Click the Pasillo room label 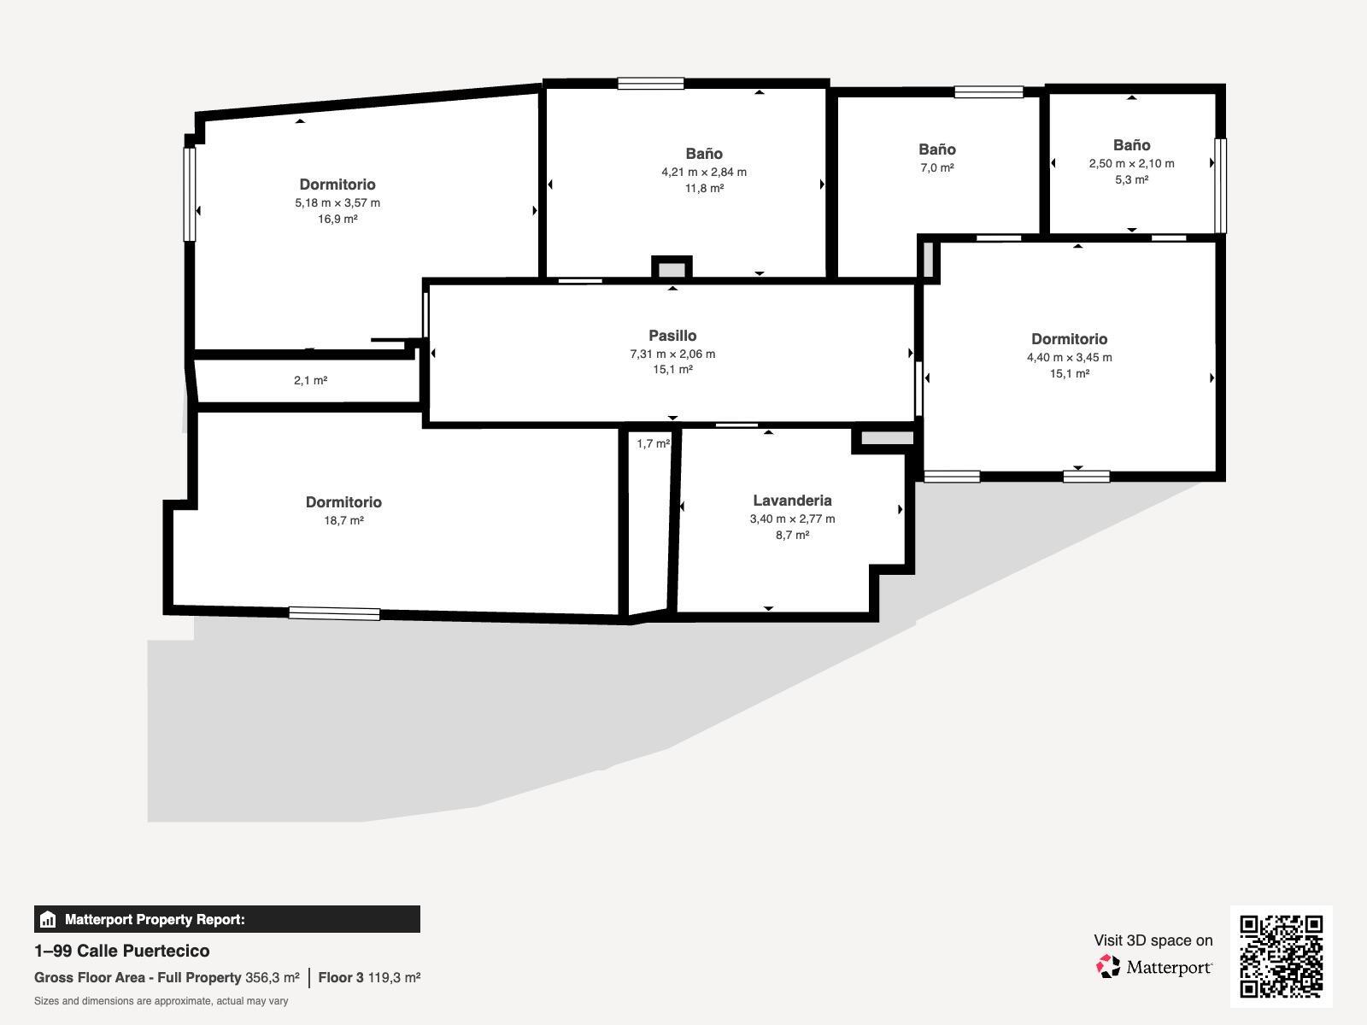672,336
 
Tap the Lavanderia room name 792,501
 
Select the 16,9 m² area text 337,219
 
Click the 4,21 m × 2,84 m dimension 704,172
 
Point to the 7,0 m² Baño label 937,167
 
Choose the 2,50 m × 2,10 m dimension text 1131,163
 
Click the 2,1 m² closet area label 311,380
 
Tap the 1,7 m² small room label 653,443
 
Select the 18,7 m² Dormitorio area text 343,520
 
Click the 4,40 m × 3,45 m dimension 1069,357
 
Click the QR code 1281,956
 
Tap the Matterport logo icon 1109,966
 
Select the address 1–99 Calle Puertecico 122,951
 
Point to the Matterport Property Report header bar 227,919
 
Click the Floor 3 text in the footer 341,977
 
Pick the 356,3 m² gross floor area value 273,977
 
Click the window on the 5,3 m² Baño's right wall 1220,185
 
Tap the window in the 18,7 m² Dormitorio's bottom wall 334,613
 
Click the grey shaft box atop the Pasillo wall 672,269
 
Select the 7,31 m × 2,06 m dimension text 672,354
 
